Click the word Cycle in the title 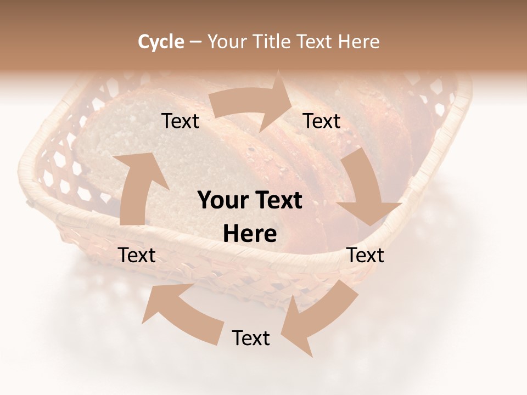point(161,42)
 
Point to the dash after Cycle point(195,42)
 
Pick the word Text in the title point(316,42)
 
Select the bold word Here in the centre point(250,234)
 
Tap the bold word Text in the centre point(278,201)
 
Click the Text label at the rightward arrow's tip point(322,121)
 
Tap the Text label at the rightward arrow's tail point(180,121)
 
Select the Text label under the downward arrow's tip point(365,255)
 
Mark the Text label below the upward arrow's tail point(137,255)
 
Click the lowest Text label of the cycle point(251,338)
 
